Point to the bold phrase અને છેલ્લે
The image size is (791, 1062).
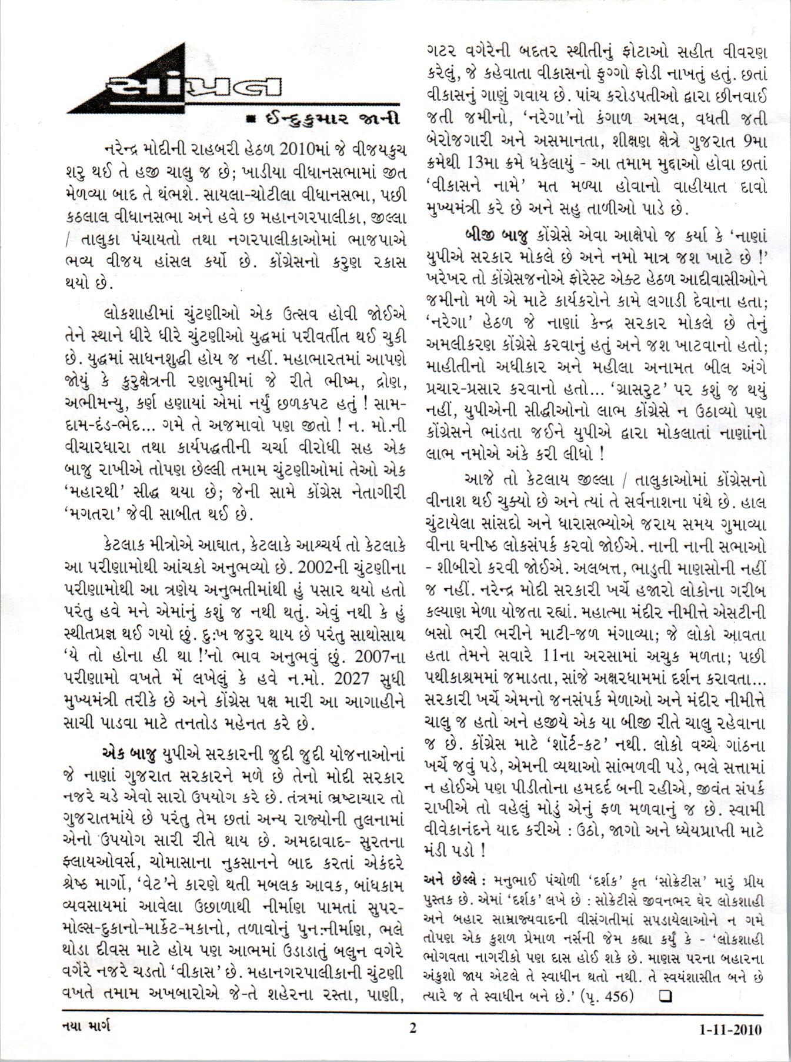(450, 880)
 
